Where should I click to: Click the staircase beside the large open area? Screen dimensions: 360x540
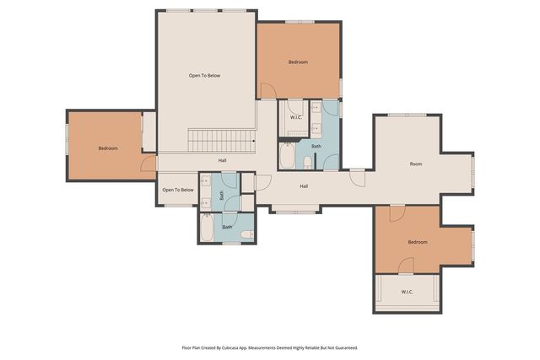pos(220,141)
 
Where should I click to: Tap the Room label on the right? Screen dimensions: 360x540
pos(416,164)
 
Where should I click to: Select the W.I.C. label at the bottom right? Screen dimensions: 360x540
pos(407,292)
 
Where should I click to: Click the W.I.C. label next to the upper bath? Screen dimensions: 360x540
pos(296,117)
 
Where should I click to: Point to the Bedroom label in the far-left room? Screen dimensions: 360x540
pos(108,148)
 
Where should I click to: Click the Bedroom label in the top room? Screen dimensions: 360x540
pos(298,62)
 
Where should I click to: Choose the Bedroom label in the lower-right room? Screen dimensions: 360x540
pos(418,242)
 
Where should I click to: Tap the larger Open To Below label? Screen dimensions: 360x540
pos(204,76)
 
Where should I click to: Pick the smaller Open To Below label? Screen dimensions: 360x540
pos(178,190)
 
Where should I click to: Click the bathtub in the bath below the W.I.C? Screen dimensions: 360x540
pos(288,158)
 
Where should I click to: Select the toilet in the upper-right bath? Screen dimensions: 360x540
pos(308,162)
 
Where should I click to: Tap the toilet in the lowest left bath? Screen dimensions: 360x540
pos(246,234)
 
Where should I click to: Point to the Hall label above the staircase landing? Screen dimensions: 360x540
pos(223,160)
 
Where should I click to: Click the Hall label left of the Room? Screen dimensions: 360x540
pos(303,186)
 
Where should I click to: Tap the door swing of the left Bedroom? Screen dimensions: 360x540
pos(148,164)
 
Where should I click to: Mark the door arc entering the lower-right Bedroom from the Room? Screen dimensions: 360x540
pos(394,213)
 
